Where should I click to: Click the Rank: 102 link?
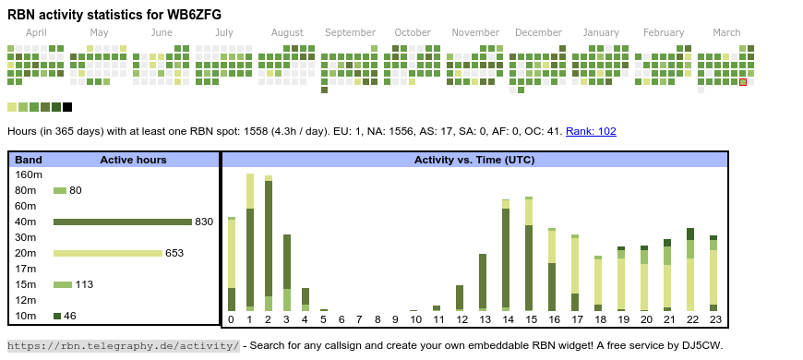(591, 131)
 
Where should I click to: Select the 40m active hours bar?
(123, 222)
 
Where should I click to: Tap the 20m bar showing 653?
(108, 253)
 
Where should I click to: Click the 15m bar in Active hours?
(63, 284)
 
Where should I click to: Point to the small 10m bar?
(57, 316)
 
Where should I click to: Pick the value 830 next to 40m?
(204, 222)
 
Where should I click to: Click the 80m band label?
(26, 190)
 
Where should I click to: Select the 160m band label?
(29, 174)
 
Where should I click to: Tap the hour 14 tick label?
(506, 319)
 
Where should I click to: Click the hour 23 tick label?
(715, 319)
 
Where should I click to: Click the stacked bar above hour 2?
(269, 244)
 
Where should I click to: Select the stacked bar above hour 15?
(529, 254)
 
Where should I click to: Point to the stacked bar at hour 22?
(690, 270)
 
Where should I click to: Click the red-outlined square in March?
(743, 82)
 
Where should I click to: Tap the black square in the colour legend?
(67, 107)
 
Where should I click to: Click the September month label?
(350, 33)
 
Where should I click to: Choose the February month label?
(664, 33)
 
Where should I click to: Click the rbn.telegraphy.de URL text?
(123, 345)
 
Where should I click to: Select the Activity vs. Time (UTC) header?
(474, 160)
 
